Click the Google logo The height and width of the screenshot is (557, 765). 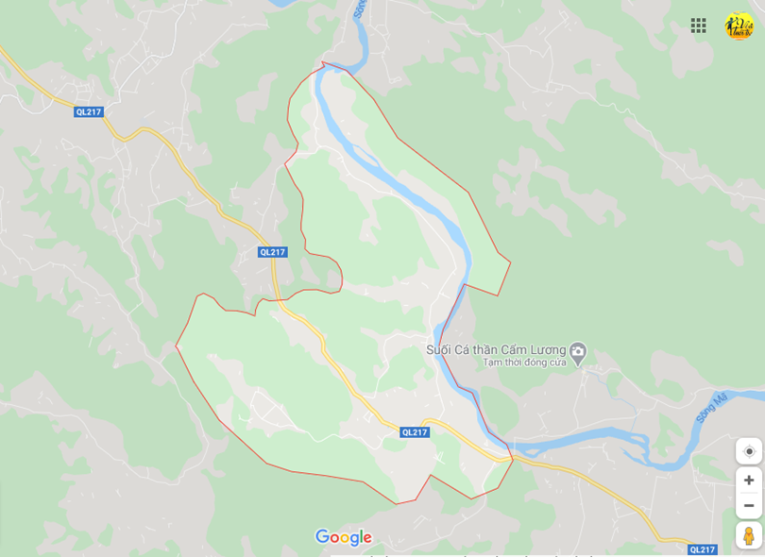(344, 537)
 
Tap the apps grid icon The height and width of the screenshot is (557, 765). (698, 25)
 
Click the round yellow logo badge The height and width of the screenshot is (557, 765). (739, 25)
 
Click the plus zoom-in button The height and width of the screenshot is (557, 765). (749, 480)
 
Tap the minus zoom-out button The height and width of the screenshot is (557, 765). (749, 505)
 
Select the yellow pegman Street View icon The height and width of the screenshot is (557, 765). (749, 535)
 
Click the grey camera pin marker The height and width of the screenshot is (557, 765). (578, 351)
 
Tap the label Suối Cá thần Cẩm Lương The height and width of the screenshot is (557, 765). (496, 350)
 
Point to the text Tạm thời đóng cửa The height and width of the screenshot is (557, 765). (524, 363)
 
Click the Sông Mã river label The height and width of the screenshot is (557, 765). (710, 407)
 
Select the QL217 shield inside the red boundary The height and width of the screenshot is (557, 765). (415, 432)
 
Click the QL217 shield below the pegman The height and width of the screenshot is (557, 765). (702, 549)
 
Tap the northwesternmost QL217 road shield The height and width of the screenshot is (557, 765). (88, 111)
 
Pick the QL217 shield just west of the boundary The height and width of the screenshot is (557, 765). (272, 252)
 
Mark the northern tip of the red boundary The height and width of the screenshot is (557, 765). (322, 62)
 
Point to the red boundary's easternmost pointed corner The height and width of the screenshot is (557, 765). (510, 262)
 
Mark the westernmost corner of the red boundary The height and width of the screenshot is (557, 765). (176, 346)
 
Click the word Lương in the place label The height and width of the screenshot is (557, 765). (547, 350)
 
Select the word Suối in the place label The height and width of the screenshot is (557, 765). (438, 350)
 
